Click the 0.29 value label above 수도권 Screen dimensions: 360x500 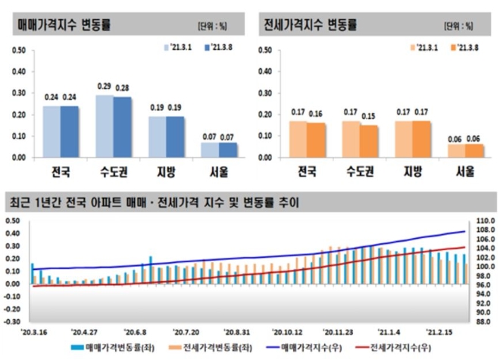105,86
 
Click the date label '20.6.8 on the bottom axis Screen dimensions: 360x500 136,331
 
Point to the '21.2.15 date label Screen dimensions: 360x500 440,331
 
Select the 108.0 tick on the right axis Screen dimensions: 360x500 483,222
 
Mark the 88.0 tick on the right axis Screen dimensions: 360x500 483,321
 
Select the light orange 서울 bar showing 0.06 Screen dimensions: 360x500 457,151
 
